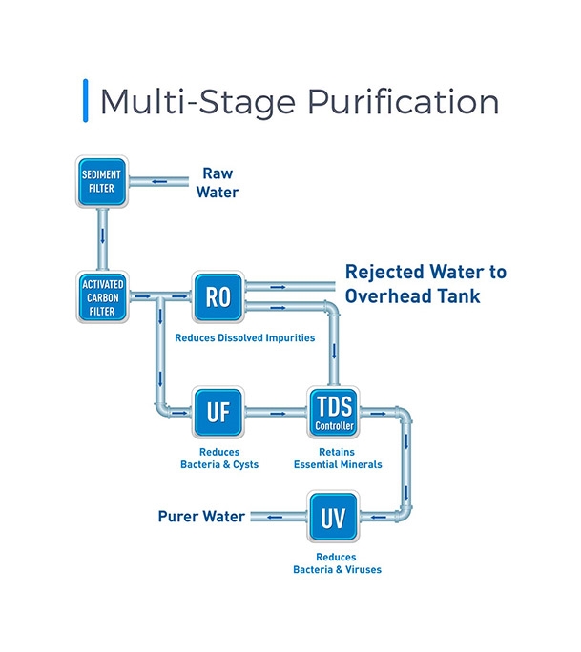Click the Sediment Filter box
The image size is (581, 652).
101,181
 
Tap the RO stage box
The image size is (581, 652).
218,296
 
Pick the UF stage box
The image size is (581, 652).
218,413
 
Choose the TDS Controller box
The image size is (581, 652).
334,413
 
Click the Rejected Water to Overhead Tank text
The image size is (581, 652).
425,284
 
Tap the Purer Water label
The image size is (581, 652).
201,517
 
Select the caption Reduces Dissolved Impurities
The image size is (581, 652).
244,338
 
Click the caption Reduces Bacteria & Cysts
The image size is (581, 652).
219,458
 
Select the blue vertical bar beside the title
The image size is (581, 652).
87,102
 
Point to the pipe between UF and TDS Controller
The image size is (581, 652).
277,413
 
